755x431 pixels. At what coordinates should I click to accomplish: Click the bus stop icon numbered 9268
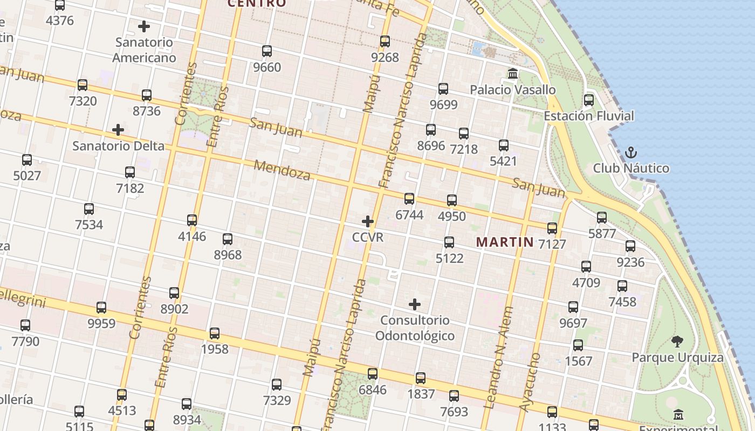[385, 41]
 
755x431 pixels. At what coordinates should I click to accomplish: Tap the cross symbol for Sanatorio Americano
[144, 26]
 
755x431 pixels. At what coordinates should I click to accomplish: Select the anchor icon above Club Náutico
[630, 153]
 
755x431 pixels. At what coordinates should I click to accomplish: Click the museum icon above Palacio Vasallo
[513, 73]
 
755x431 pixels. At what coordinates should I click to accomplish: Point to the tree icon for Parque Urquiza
[677, 341]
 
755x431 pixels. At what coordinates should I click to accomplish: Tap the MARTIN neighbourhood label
[505, 242]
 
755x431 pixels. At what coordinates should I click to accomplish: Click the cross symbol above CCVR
[368, 221]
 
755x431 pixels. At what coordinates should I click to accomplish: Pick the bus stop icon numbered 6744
[409, 199]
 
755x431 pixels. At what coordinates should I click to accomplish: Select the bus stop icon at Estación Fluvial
[589, 100]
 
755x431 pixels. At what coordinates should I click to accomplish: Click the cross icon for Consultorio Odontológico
[415, 305]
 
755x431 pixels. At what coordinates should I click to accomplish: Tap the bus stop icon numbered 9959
[101, 308]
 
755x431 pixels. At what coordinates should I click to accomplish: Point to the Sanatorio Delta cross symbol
[118, 130]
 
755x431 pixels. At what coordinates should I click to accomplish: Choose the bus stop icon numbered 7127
[552, 228]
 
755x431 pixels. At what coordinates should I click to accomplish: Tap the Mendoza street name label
[282, 170]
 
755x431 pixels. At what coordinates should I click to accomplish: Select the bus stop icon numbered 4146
[192, 220]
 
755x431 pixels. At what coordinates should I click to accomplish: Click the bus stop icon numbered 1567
[578, 345]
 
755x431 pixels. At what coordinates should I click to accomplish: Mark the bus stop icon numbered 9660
[267, 51]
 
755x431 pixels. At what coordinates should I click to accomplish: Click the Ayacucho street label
[530, 383]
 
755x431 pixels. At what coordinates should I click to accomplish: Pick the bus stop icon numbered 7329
[277, 385]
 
